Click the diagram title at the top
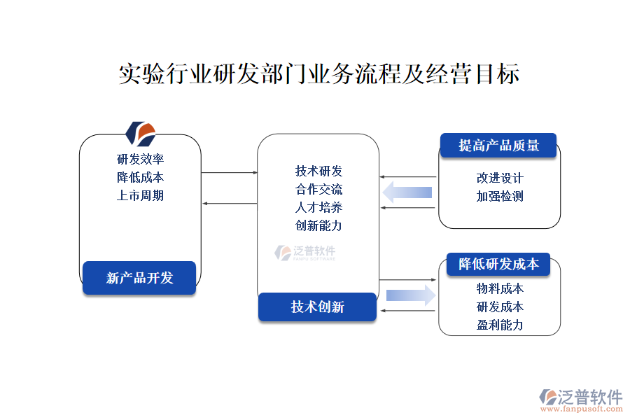coord(318,73)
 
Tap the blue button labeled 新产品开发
coord(139,278)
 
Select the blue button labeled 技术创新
coord(317,307)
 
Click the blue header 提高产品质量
coord(498,146)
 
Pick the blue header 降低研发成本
coord(498,265)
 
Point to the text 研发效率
coord(140,159)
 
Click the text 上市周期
coord(140,195)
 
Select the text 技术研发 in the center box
coord(318,171)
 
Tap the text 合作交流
coord(318,190)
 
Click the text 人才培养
coord(318,208)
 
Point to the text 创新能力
coord(318,225)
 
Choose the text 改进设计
coord(500,178)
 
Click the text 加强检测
coord(500,196)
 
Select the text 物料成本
coord(500,288)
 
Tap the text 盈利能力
coord(500,325)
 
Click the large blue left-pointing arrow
coord(408,192)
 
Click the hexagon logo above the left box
coord(140,132)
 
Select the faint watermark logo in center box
coord(305,253)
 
